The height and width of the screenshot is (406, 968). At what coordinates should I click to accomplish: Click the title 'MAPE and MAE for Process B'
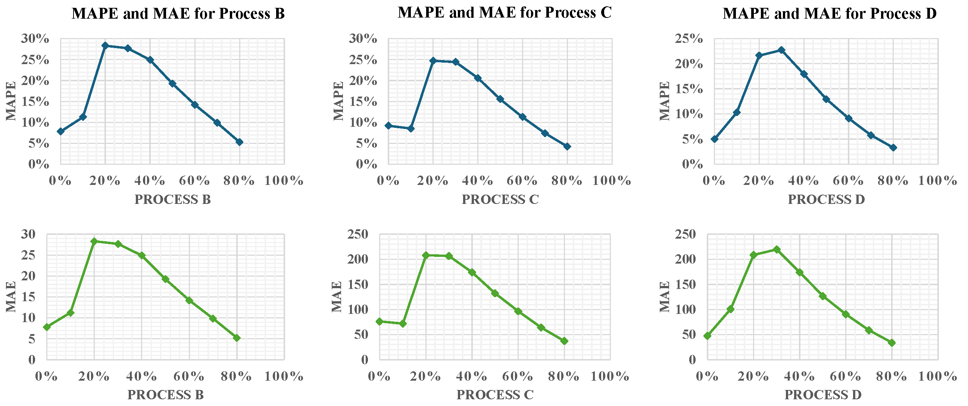tap(178, 14)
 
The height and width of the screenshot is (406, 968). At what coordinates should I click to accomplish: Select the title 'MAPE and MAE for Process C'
tap(505, 13)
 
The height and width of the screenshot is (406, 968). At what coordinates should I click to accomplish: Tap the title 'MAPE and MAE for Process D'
tap(830, 14)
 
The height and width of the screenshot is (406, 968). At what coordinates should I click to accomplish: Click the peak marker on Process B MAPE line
tap(105, 46)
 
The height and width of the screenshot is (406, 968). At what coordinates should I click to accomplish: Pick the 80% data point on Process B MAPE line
tap(239, 142)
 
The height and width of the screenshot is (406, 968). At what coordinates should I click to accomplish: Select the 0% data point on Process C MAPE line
tap(388, 126)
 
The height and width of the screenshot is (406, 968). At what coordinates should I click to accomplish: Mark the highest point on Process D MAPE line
tap(782, 50)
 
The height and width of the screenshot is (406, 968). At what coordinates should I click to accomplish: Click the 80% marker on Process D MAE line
tap(892, 343)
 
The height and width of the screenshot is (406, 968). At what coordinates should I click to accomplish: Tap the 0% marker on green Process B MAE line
tap(47, 327)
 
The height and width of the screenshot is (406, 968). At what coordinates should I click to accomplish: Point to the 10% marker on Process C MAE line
tap(403, 323)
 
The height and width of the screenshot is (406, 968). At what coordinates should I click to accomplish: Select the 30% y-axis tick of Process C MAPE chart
tap(363, 39)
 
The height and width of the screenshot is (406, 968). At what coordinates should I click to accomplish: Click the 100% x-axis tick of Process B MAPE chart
tap(284, 181)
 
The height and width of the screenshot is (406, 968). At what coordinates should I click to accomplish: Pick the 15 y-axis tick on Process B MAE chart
tap(28, 297)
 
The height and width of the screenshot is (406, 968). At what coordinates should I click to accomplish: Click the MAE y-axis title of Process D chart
tap(664, 297)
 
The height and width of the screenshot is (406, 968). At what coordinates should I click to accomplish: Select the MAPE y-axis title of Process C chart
tap(338, 101)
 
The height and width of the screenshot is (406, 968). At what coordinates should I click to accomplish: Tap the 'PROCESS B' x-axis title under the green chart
tap(166, 395)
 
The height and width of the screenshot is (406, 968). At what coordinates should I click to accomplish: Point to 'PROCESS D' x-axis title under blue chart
tap(826, 199)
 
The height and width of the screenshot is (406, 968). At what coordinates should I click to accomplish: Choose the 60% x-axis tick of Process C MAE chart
tap(518, 376)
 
